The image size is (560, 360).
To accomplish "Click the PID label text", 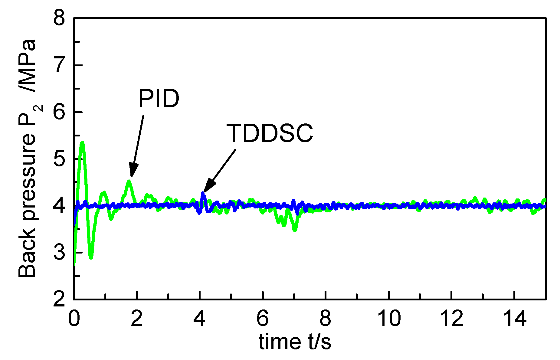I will (159, 99).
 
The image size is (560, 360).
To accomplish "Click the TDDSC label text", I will (270, 133).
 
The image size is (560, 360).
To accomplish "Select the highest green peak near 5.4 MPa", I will (82, 143).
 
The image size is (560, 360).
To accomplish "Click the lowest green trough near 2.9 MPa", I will (91, 257).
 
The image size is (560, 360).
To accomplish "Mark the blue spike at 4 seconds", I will (203, 194).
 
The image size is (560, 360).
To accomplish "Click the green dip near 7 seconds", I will (295, 229).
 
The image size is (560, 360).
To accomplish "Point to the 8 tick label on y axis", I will (59, 19).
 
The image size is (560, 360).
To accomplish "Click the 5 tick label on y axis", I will (59, 159).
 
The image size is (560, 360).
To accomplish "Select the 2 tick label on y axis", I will (59, 299).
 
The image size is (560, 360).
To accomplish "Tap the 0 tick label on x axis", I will (74, 319).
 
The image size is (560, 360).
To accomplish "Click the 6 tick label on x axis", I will (262, 319).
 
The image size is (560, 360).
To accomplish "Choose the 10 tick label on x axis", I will (389, 319).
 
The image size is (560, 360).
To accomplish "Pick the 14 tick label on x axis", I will (514, 319).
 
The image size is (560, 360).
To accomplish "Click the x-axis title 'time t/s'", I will (295, 342).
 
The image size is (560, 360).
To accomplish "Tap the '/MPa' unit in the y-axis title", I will (27, 65).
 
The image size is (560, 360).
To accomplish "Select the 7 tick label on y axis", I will (59, 66).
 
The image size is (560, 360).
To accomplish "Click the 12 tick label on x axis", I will (452, 319).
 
